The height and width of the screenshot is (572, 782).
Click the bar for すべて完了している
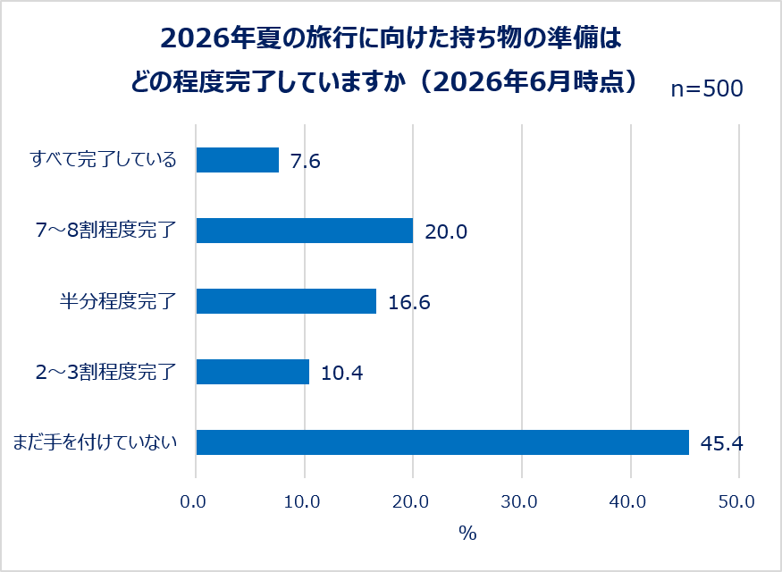(x=238, y=160)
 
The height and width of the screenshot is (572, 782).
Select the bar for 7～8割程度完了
(x=305, y=231)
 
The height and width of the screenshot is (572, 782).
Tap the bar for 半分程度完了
(x=286, y=301)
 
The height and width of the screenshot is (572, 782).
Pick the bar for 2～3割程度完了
(x=253, y=372)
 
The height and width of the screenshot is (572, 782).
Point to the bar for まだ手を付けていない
(x=443, y=442)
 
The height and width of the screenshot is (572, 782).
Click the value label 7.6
(x=306, y=161)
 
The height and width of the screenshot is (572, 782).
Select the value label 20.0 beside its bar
(x=446, y=231)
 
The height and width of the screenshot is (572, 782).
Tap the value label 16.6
(x=409, y=302)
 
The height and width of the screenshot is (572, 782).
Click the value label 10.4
(x=341, y=373)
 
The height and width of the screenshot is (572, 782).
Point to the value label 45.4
(x=721, y=443)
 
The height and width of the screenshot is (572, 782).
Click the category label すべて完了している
(x=104, y=160)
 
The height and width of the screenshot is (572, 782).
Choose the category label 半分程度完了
(x=118, y=301)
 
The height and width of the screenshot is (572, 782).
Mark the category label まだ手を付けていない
(x=95, y=442)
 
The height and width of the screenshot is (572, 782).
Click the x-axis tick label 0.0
(x=193, y=501)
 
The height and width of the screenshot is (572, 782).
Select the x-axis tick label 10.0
(x=302, y=501)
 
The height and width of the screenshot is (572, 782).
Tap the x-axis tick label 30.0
(x=519, y=501)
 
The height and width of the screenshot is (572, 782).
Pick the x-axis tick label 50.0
(x=736, y=501)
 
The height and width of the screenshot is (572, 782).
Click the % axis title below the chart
(x=467, y=534)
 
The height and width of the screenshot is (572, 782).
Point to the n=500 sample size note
(x=707, y=88)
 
